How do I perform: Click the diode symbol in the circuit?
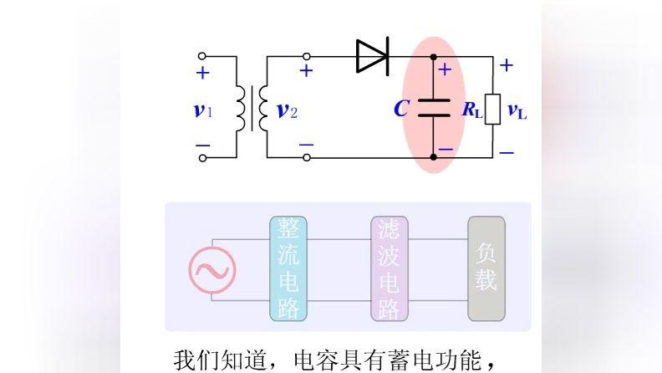tap(372, 56)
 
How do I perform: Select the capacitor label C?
tap(401, 109)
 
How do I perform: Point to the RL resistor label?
tap(472, 110)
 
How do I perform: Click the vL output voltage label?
tap(517, 110)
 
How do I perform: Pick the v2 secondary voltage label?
tap(287, 110)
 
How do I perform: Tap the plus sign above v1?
tap(202, 74)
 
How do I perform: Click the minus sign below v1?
tap(202, 146)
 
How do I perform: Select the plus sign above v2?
tap(306, 71)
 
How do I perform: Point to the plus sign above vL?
tap(507, 65)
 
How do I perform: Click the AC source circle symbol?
tap(212, 269)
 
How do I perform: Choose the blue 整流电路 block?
tap(288, 268)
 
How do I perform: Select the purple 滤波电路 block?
tap(389, 268)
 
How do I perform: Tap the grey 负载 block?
tap(486, 268)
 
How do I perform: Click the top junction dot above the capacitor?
tap(433, 57)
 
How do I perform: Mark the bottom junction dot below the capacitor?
tap(433, 156)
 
